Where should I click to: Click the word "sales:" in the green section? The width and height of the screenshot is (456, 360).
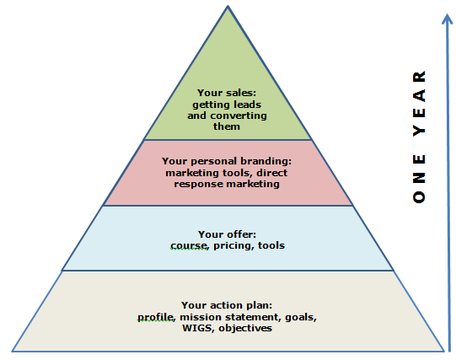click(x=242, y=93)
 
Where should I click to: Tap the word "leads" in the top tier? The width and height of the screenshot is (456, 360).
click(x=248, y=105)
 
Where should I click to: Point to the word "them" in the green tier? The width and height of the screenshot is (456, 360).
click(x=227, y=126)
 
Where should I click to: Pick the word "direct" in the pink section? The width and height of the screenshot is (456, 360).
click(x=272, y=173)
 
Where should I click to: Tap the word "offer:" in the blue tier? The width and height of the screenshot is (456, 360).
click(x=242, y=234)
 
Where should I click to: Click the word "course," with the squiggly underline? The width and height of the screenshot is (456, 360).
click(x=190, y=245)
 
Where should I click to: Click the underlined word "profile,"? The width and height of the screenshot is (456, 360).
click(x=157, y=317)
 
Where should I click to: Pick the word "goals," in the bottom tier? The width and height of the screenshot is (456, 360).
click(x=301, y=317)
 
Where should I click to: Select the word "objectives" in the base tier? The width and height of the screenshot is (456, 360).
click(x=245, y=328)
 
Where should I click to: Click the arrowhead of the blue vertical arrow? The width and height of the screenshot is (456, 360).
click(x=447, y=18)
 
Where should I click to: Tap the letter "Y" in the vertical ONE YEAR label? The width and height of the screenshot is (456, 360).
click(x=419, y=132)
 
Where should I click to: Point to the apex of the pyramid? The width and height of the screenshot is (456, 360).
click(x=228, y=6)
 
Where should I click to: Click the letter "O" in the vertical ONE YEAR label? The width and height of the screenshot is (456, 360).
click(x=419, y=197)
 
